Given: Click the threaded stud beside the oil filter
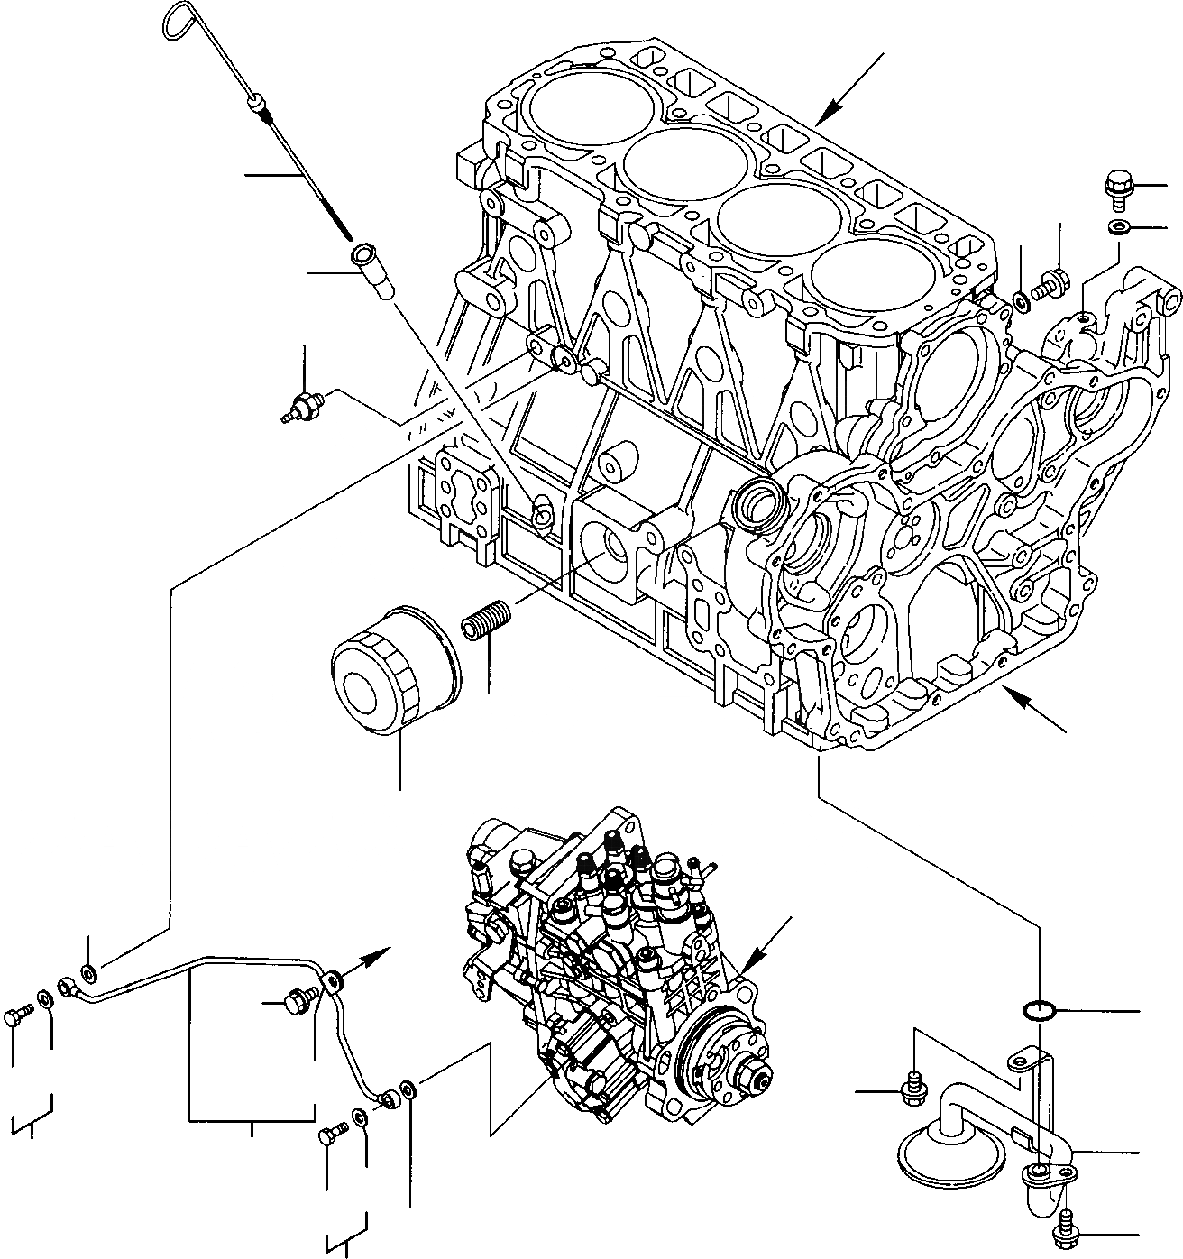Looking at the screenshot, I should click(487, 623).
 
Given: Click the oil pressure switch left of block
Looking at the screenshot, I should click(300, 404).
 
